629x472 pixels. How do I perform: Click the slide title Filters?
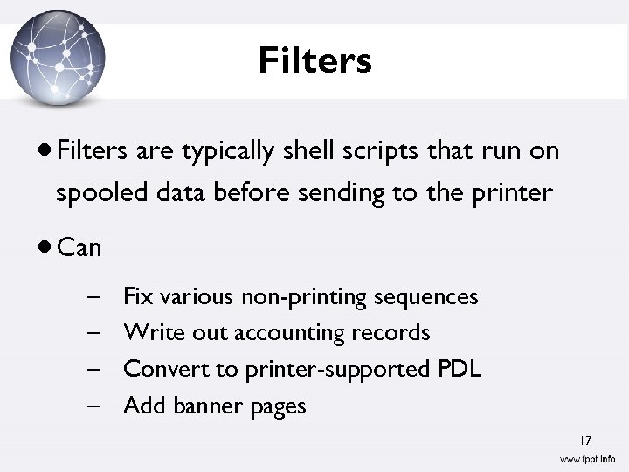point(314,61)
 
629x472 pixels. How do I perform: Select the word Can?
point(79,248)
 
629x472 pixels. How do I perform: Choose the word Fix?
point(138,297)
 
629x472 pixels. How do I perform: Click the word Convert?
point(168,369)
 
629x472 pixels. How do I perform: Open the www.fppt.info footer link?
point(587,459)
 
